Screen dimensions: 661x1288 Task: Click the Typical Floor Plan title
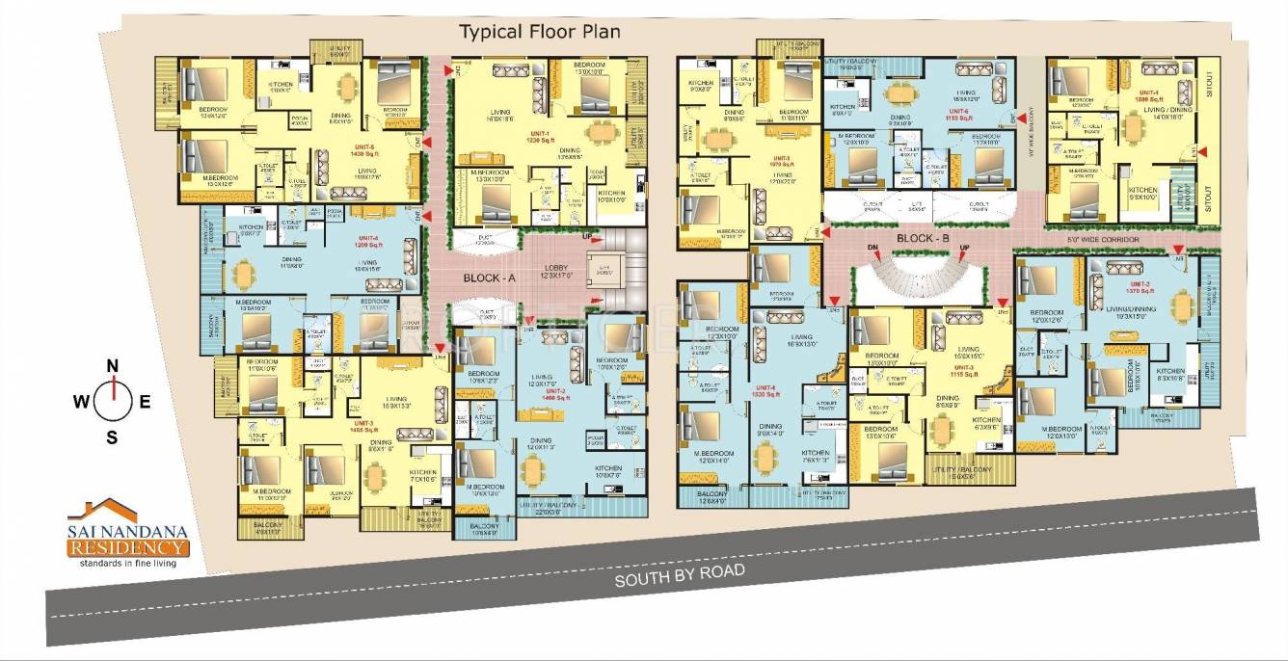pos(539,32)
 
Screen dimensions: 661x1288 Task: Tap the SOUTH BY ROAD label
pos(681,575)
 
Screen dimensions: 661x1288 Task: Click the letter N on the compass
pos(112,365)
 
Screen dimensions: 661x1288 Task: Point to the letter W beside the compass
pos(82,403)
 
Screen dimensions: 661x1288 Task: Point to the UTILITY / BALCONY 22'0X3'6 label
pos(569,506)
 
